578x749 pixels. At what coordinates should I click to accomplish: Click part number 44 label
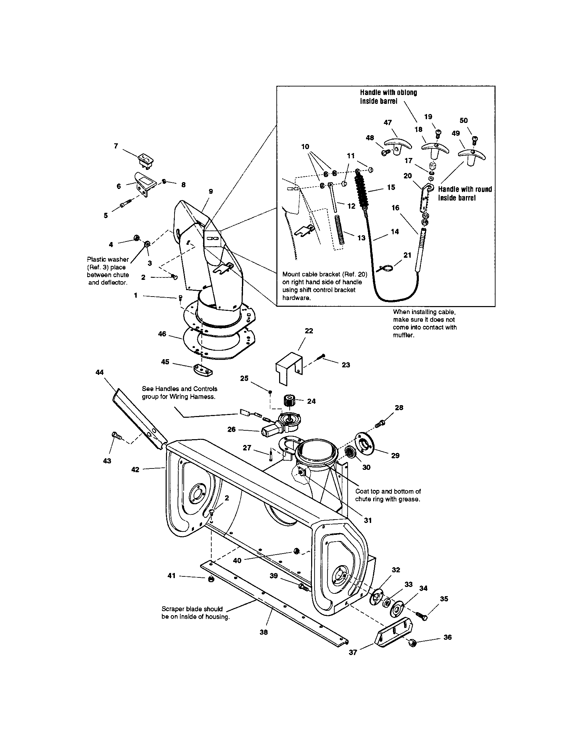point(100,372)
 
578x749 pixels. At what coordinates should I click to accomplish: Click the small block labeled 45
point(202,370)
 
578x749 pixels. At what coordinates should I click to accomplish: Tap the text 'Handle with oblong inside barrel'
point(388,97)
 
